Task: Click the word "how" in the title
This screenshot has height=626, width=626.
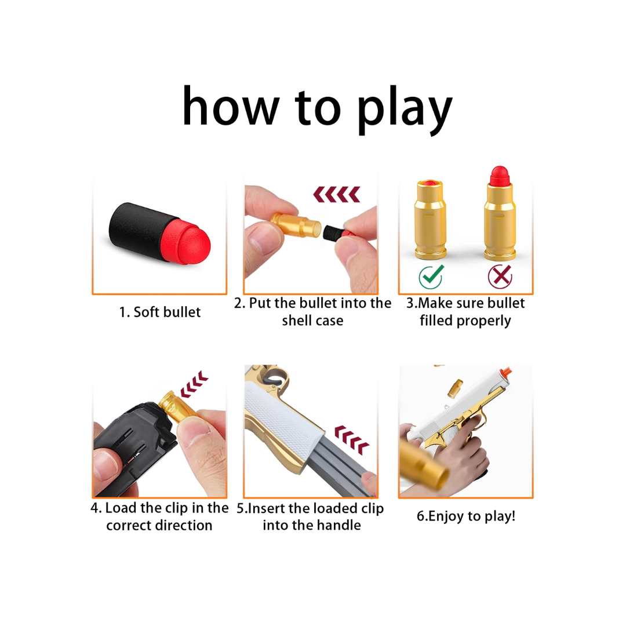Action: tap(230, 107)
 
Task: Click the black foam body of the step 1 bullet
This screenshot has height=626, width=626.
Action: tap(139, 226)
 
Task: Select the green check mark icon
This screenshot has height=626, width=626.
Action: tap(431, 276)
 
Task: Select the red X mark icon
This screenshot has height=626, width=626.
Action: tap(499, 276)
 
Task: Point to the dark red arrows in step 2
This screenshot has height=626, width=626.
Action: tap(337, 194)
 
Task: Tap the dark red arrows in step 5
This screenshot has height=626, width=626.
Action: tap(352, 438)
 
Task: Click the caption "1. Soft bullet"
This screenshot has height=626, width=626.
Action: tap(159, 312)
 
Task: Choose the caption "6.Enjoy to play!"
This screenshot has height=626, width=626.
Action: tap(465, 516)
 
